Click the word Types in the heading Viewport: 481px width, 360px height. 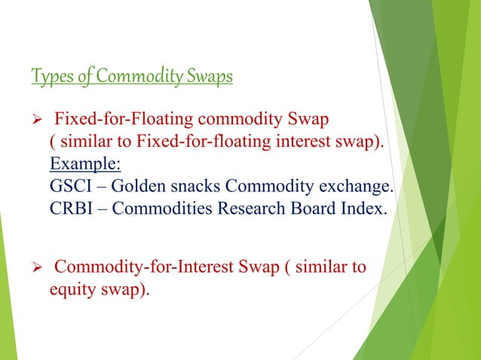tap(50, 77)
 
